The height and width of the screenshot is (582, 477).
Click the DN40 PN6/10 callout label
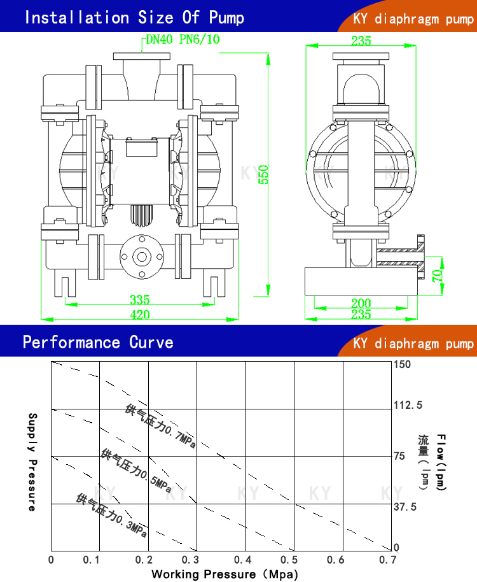(x=183, y=39)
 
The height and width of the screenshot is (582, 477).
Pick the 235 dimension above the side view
(x=361, y=41)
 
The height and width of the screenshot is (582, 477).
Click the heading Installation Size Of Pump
(x=134, y=17)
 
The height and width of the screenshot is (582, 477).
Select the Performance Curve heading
(x=98, y=343)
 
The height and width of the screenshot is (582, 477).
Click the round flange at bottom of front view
(x=141, y=257)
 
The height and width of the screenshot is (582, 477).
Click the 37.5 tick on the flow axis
(x=405, y=507)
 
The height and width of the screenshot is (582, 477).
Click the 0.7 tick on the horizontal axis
(x=387, y=560)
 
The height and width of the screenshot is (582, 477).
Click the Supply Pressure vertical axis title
(x=32, y=462)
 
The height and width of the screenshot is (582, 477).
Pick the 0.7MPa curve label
(x=160, y=426)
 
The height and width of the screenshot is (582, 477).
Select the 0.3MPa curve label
(x=112, y=515)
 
